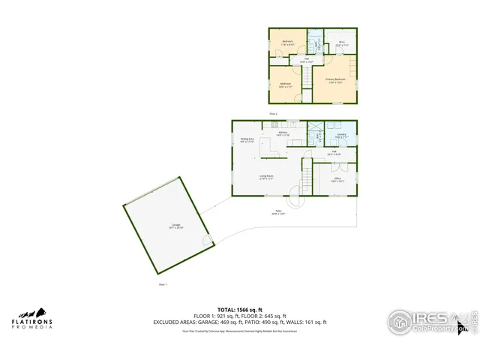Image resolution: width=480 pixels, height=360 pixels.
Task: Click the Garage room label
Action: pos(177,226)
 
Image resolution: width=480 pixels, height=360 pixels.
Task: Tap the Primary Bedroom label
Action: pos(334,80)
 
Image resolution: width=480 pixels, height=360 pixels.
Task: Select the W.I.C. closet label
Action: pos(341,44)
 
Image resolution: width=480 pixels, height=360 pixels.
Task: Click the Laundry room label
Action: pos(340,136)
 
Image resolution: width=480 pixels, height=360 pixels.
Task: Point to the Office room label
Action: pos(337,180)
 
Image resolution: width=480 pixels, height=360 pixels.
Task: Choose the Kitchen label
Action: pos(283,133)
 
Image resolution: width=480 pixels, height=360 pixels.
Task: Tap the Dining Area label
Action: pos(247,140)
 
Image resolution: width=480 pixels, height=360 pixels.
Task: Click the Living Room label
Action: pos(266,178)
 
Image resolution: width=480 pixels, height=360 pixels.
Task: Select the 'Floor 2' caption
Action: pos(274,113)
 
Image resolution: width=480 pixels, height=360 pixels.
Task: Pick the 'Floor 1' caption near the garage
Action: pos(162,284)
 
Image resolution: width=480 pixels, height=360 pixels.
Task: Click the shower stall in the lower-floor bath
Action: pos(316,127)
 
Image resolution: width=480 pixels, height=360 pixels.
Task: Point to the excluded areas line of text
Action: pos(240,322)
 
